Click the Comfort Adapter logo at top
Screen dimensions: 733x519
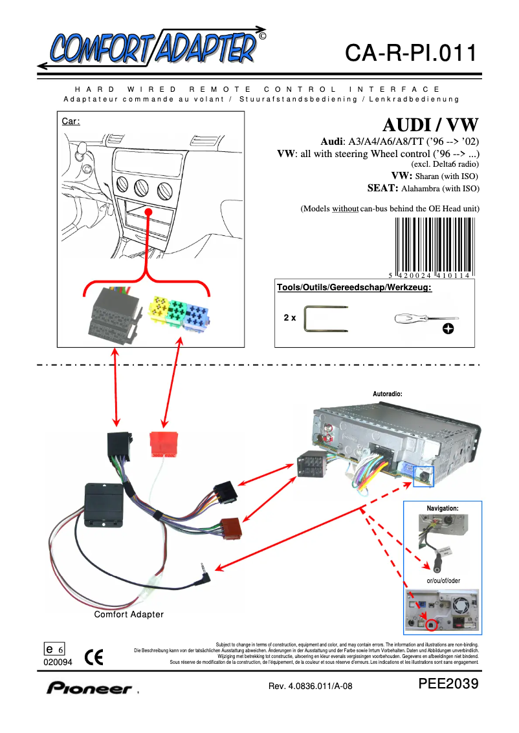point(152,47)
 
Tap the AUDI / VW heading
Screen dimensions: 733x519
point(430,124)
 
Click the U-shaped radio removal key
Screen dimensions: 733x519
point(327,319)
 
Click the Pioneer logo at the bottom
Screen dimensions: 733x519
point(89,688)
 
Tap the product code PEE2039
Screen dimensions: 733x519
point(448,685)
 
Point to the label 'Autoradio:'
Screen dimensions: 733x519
point(388,392)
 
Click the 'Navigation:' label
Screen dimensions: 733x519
point(443,509)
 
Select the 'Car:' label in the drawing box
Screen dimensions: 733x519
point(71,122)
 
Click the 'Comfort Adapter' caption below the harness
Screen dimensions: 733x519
point(129,614)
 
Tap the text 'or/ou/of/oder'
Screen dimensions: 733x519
point(443,580)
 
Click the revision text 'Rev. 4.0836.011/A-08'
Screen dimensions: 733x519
point(310,686)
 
